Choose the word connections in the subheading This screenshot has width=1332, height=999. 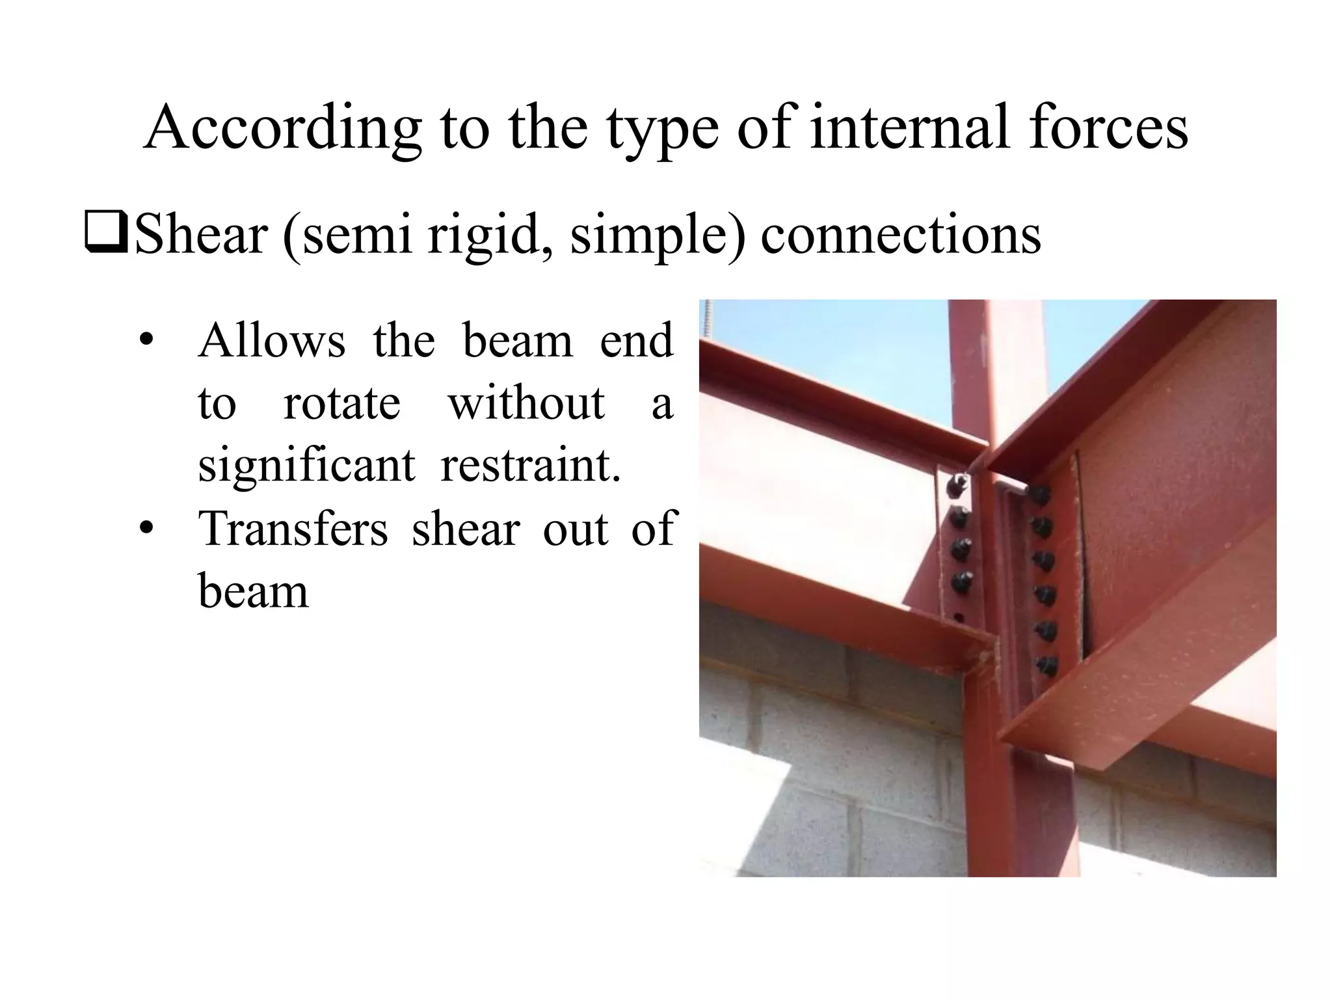pyautogui.click(x=900, y=234)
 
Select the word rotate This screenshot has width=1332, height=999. pyautogui.click(x=341, y=403)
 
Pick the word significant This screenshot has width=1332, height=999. pyautogui.click(x=306, y=466)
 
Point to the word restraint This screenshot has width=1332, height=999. pyautogui.click(x=530, y=465)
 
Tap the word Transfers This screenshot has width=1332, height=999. pyautogui.click(x=293, y=528)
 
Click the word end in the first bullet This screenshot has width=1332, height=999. pyautogui.click(x=635, y=341)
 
